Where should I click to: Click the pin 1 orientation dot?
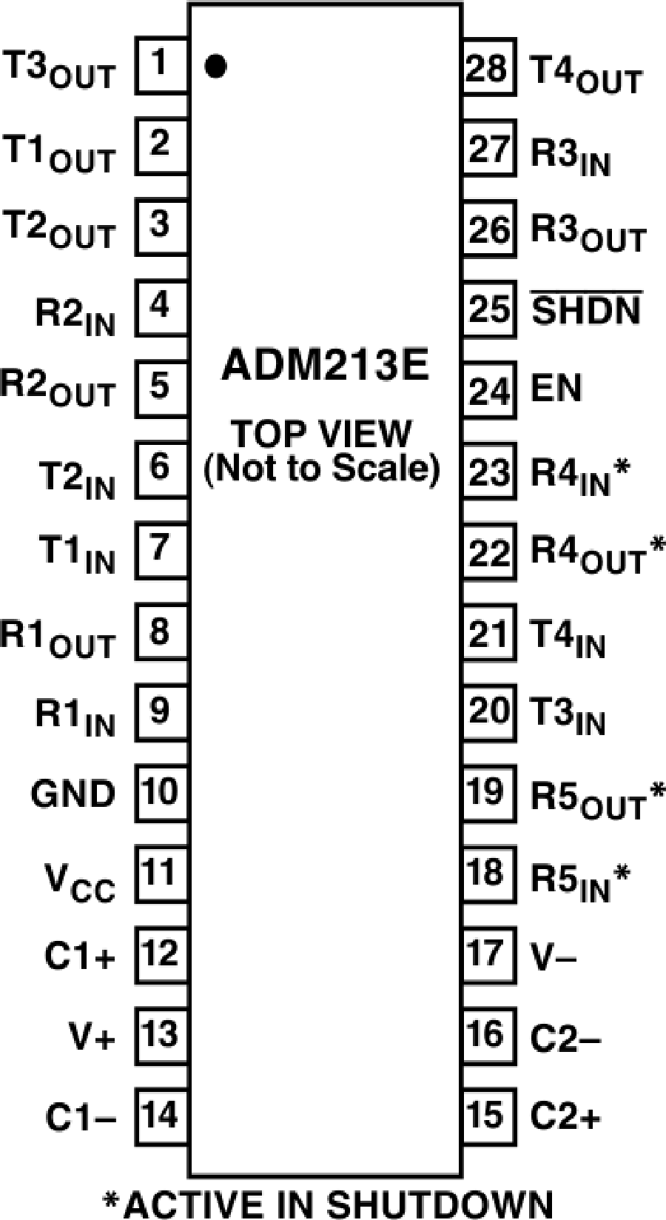point(215,66)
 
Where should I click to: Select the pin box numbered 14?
point(161,1116)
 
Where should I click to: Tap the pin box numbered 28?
point(489,66)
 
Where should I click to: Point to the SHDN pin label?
point(585,309)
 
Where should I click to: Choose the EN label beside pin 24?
point(556,388)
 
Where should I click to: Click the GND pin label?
point(73,794)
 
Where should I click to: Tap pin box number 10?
point(161,793)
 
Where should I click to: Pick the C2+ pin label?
point(565,1115)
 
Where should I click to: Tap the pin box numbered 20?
point(489,712)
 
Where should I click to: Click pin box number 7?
point(161,550)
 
